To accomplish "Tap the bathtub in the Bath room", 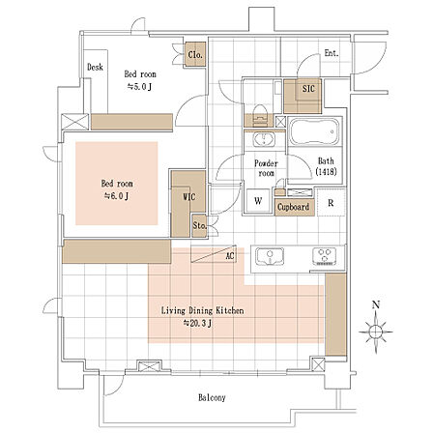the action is click(x=314, y=131).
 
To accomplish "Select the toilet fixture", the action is click(x=260, y=116).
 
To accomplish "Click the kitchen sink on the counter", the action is click(x=270, y=256).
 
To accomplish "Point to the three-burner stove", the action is click(x=324, y=256).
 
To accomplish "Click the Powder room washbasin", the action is click(x=264, y=140).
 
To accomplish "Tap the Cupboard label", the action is click(x=293, y=207).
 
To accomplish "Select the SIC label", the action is click(x=308, y=89).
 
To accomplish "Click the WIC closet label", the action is click(x=189, y=196).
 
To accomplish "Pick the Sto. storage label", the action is click(x=199, y=225).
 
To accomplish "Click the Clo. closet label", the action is click(x=195, y=55).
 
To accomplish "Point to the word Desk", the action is click(x=95, y=67).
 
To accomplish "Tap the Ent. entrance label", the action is click(x=332, y=53).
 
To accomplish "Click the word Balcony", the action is click(x=212, y=397).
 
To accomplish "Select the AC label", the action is click(x=230, y=256).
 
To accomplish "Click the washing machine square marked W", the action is click(x=258, y=201).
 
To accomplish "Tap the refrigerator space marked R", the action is click(x=331, y=203).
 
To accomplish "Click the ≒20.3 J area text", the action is click(x=197, y=323).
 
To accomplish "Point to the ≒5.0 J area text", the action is click(x=139, y=87).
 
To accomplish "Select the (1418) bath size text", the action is click(x=326, y=172).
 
